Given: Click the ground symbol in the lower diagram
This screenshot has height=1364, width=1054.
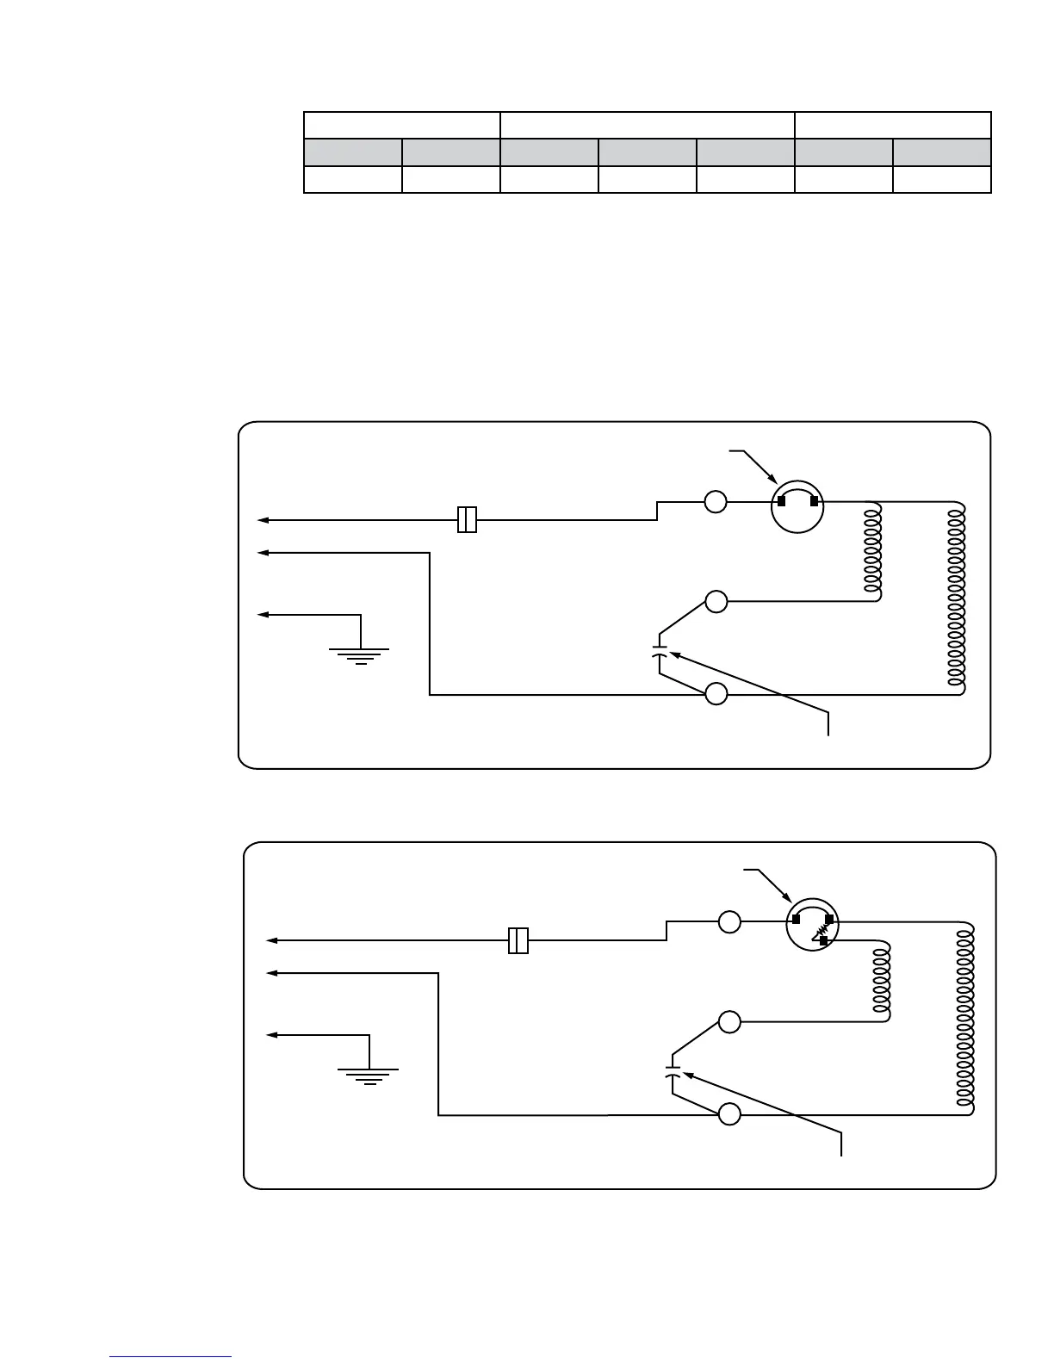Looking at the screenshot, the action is pos(369,1076).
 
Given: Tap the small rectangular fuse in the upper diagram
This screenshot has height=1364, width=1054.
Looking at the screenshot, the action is pos(467,520).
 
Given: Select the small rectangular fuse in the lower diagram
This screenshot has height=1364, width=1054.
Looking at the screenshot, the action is pos(518,940).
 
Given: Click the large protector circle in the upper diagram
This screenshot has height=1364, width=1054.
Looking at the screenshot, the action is pos(797,507).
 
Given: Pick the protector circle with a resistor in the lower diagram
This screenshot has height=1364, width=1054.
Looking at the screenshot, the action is pos(812,927).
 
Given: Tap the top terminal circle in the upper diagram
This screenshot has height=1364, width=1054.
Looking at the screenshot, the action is pos(716,501).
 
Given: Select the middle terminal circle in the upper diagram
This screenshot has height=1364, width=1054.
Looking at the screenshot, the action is pos(716,601).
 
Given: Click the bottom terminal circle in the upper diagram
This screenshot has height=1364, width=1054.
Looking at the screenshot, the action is pos(716,694).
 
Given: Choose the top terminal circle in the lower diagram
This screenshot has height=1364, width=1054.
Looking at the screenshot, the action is pos(729,922).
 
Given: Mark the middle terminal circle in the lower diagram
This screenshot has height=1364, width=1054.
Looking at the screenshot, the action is pos(729,1022).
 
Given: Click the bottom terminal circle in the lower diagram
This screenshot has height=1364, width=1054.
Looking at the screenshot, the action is pos(729,1114).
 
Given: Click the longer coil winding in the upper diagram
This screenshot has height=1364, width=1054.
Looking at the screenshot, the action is pos(956,598).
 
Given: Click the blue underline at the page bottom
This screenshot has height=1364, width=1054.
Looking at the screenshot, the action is pos(170,1357).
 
